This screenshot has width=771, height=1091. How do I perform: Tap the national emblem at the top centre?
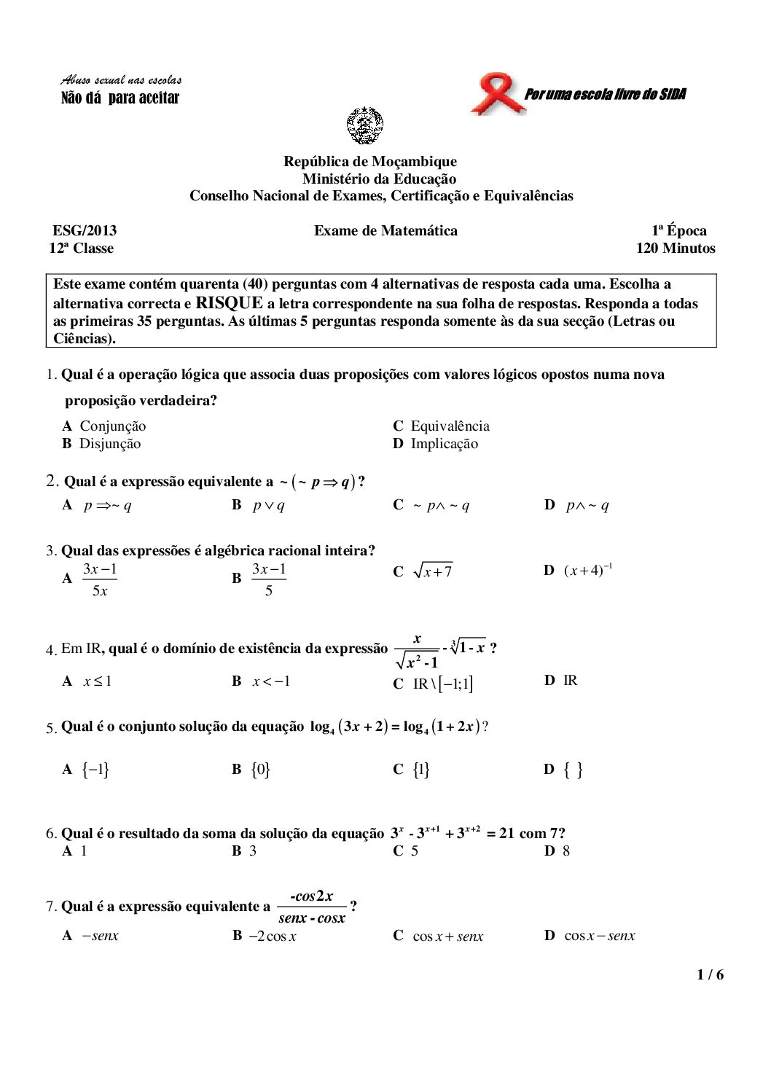pos(365,125)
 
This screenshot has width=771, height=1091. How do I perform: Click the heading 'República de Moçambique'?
pos(370,162)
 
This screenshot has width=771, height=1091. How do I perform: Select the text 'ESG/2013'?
pos(85,231)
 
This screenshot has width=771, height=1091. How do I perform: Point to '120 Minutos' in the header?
pos(676,249)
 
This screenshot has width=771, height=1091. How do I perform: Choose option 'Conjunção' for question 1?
pos(112,426)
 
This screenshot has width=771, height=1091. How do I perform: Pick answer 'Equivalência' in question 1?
pos(450,426)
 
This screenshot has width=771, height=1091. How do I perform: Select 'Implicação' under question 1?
pos(444,444)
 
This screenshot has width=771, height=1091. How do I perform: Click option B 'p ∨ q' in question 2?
pos(268,505)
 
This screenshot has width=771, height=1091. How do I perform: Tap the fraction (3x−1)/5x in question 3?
pos(100,579)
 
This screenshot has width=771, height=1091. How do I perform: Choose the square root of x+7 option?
pos(433,572)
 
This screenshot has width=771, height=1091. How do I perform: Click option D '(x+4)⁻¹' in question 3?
pos(587,571)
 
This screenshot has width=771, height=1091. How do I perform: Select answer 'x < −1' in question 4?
pos(271,681)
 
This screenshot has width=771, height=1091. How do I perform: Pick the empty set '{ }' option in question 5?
pos(573,770)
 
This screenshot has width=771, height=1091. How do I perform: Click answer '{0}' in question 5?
pos(261,770)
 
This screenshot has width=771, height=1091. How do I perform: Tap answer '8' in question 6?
pos(566,851)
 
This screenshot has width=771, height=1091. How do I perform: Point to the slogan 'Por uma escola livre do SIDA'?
pos(605,94)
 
